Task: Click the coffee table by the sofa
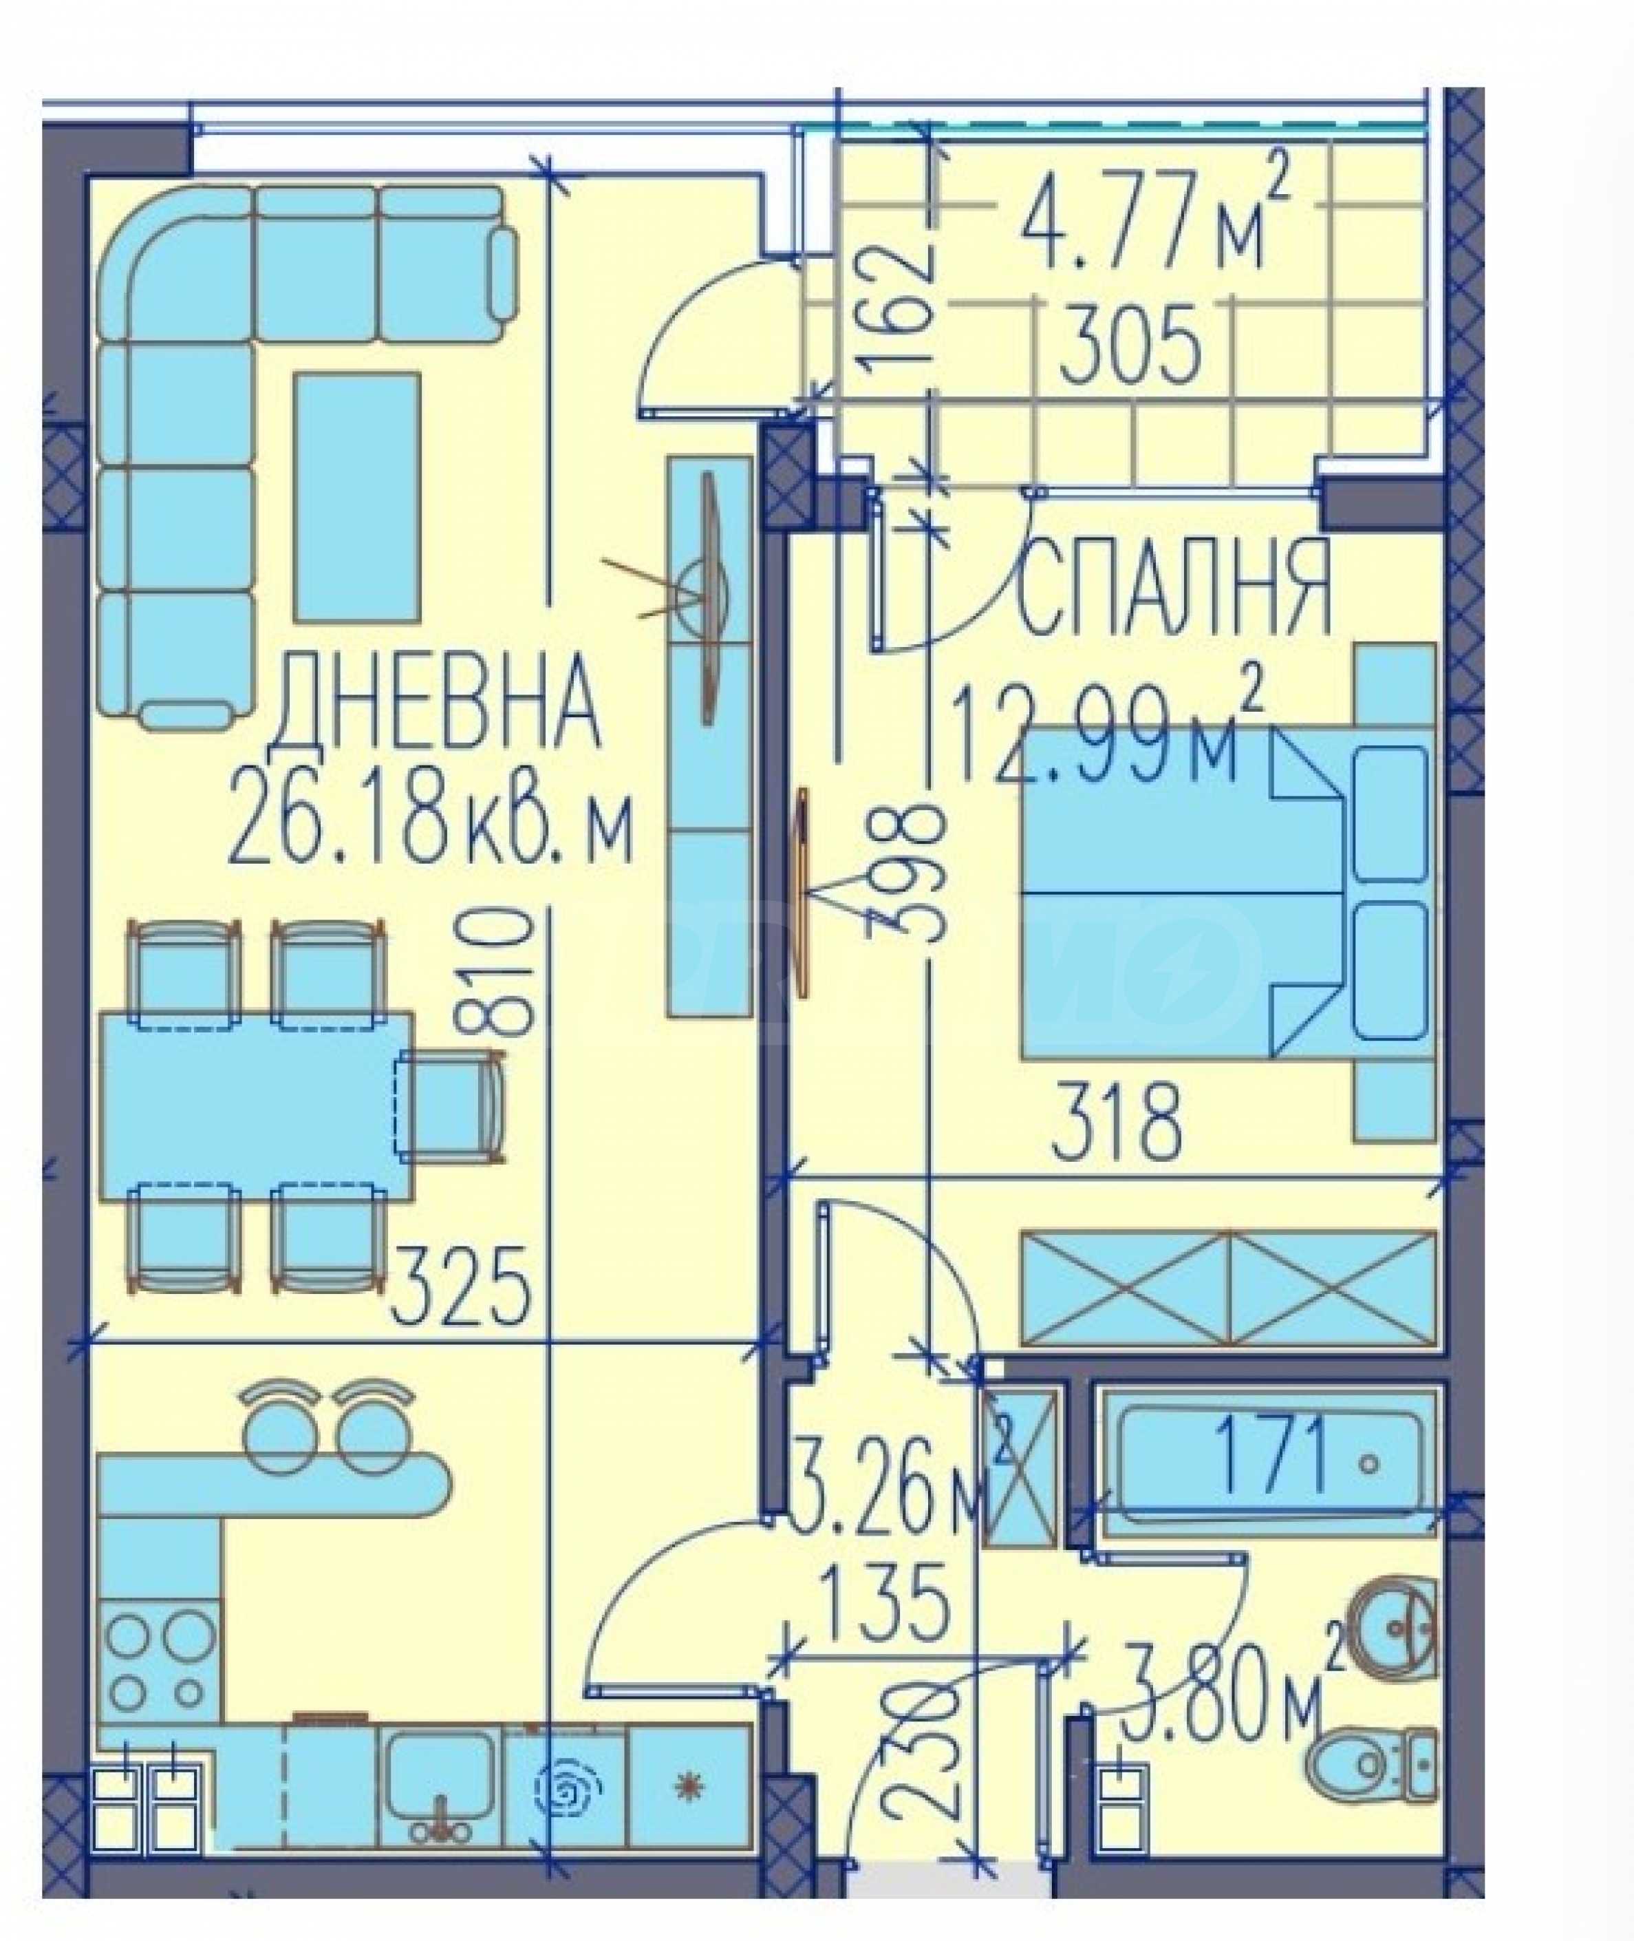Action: pos(356,498)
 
